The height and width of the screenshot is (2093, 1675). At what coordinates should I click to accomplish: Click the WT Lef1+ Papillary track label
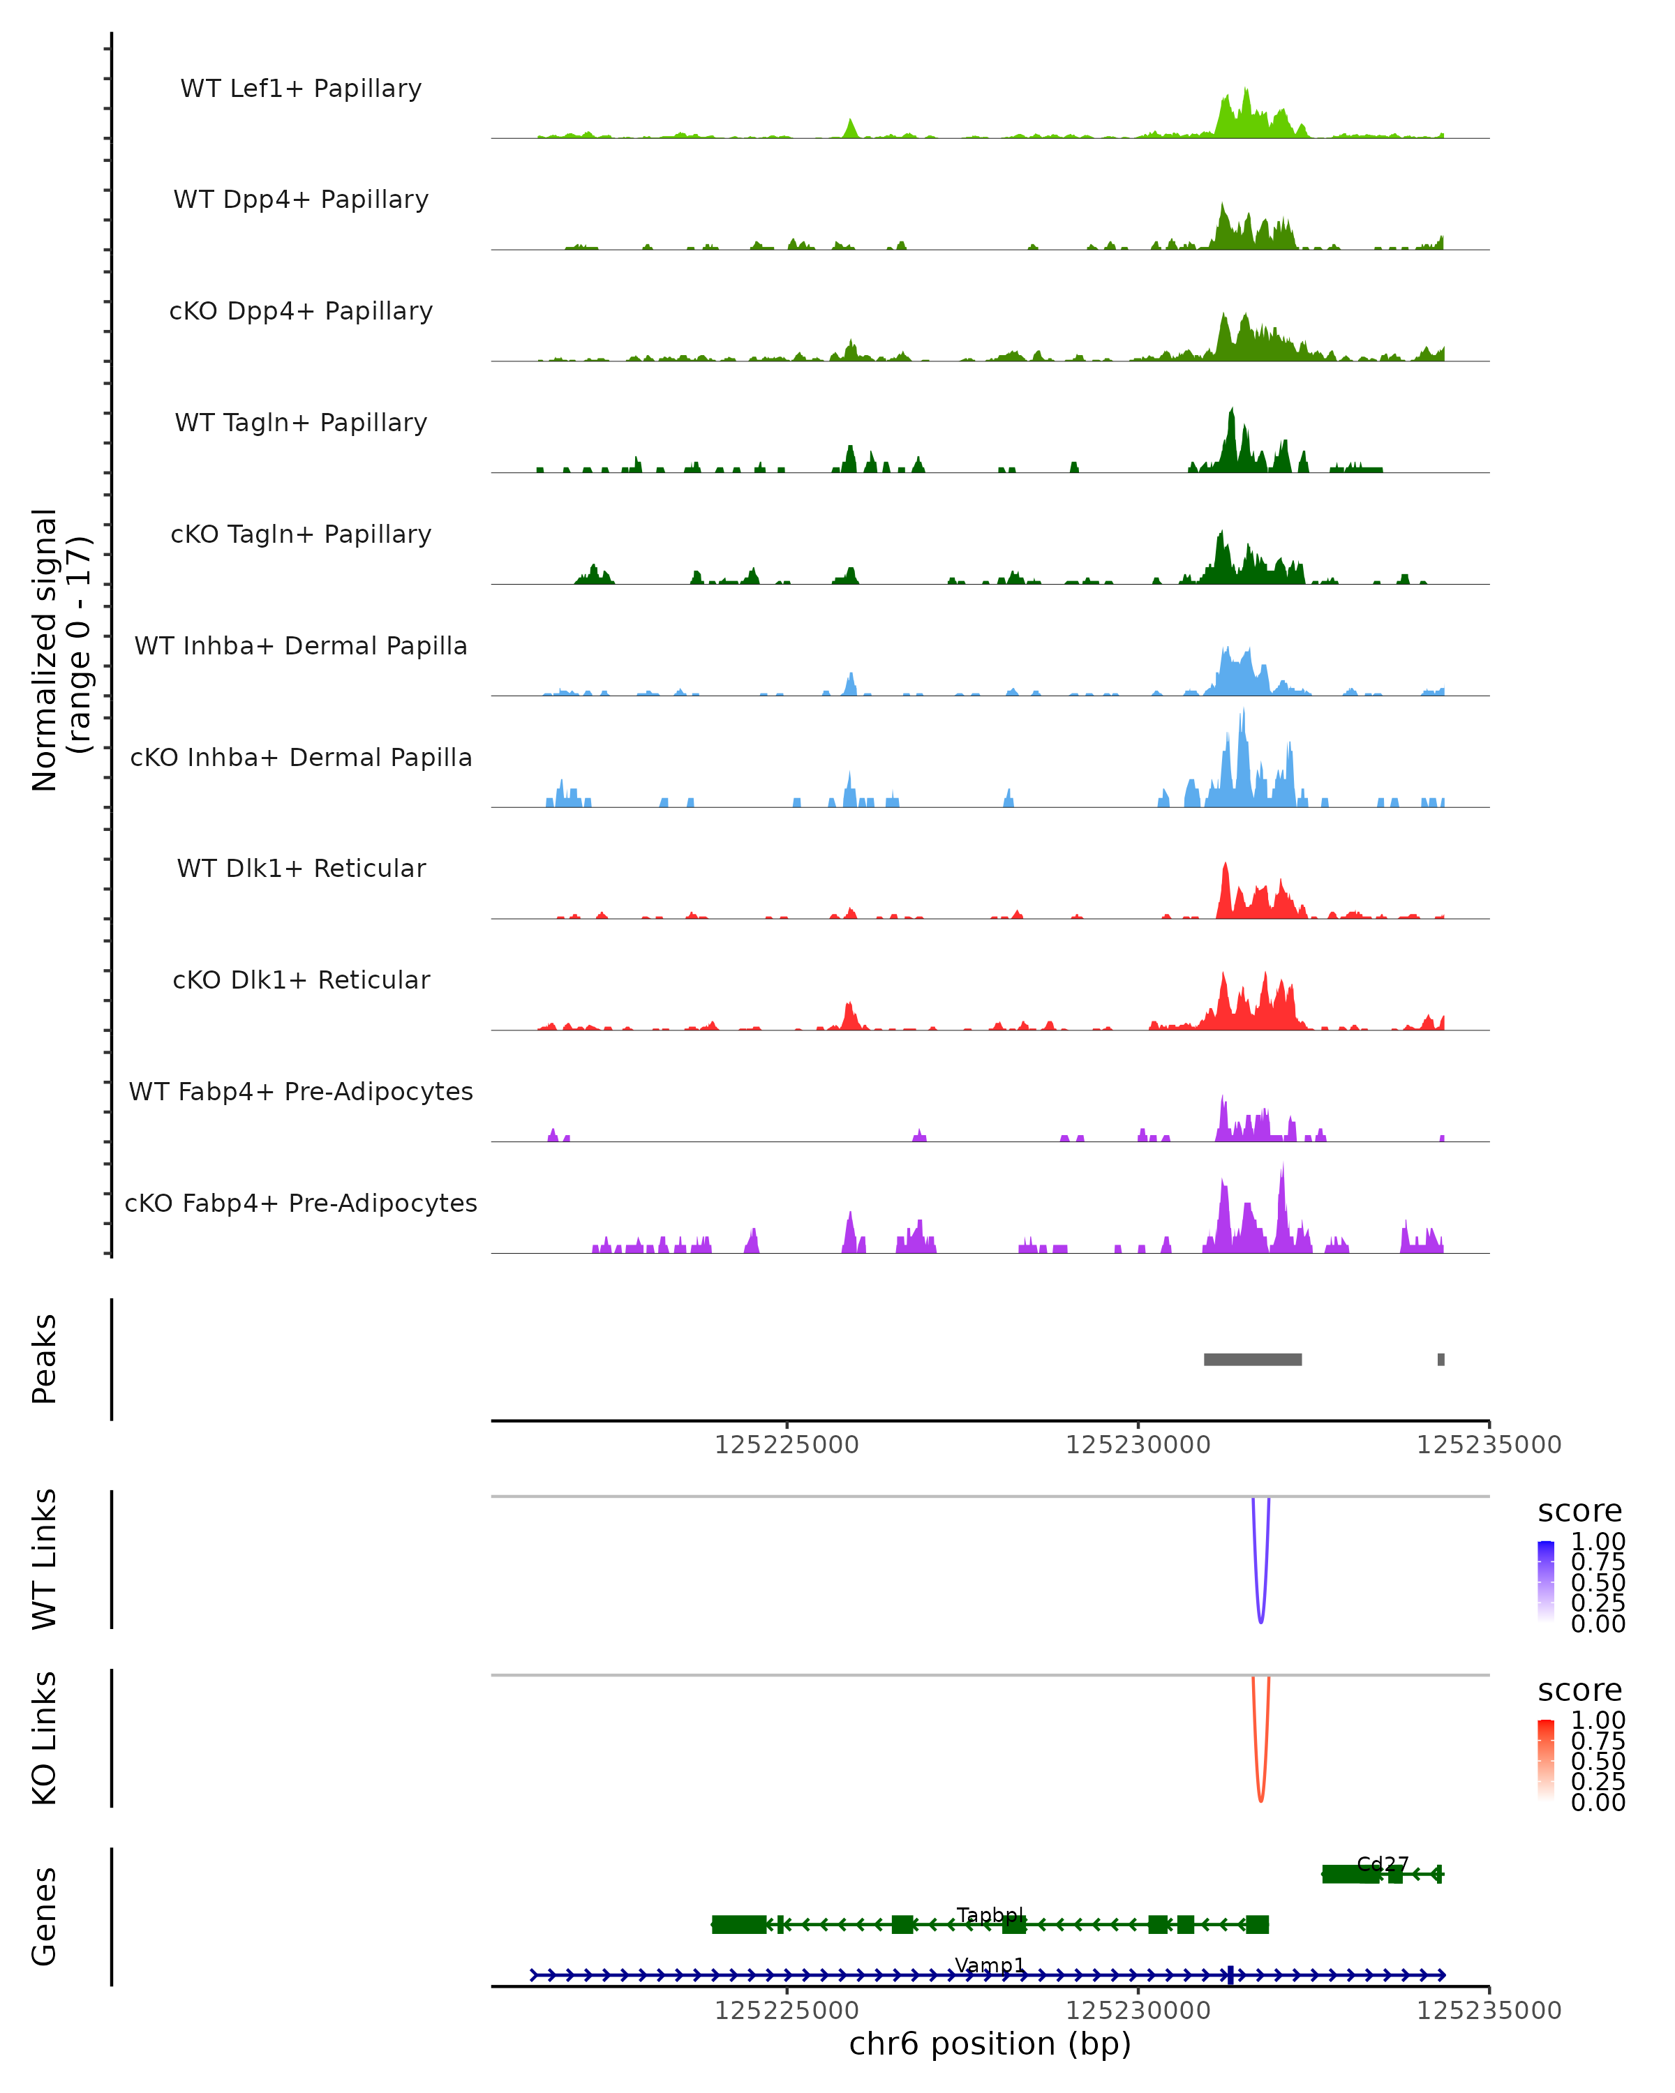(x=301, y=89)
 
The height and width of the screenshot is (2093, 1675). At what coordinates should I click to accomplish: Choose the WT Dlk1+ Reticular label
(x=301, y=868)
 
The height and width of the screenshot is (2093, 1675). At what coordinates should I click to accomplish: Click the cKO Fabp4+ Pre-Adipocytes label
(x=301, y=1203)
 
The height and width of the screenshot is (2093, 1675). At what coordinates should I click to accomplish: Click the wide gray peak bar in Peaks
(x=1253, y=1359)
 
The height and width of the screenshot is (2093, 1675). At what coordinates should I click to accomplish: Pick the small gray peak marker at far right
(x=1441, y=1359)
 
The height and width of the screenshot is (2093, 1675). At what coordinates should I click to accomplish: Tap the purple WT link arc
(x=1260, y=1612)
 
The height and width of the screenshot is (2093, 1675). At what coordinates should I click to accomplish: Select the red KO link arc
(x=1260, y=1790)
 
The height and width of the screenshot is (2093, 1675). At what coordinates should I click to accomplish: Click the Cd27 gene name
(x=1382, y=1864)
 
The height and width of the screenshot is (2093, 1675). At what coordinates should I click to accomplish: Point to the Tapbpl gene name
(x=990, y=1914)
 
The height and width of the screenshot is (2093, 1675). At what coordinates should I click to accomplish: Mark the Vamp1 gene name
(x=990, y=1965)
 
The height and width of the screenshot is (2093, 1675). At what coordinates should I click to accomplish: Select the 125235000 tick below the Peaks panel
(x=1489, y=1445)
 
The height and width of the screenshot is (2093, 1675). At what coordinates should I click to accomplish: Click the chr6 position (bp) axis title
(x=990, y=2043)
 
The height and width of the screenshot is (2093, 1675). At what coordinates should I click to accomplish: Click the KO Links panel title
(x=45, y=1738)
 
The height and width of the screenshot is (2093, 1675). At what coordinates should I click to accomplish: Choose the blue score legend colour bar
(x=1546, y=1582)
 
